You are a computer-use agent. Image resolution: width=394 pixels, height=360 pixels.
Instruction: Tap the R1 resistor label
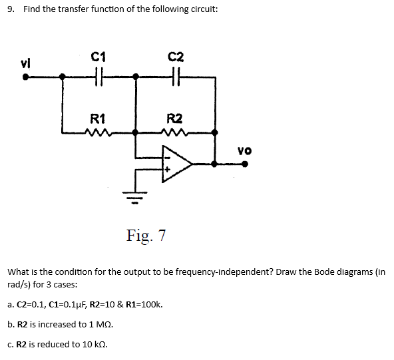[x=97, y=119]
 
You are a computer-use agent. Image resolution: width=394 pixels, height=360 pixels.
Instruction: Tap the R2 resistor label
[x=174, y=119]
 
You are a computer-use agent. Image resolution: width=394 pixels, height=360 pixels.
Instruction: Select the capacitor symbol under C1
[x=100, y=77]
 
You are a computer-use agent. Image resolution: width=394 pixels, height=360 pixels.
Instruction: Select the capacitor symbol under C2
[x=176, y=77]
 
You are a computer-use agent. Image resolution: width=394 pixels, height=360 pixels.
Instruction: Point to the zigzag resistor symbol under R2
[x=174, y=132]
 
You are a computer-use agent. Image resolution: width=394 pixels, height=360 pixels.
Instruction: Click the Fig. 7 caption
[x=146, y=236]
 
